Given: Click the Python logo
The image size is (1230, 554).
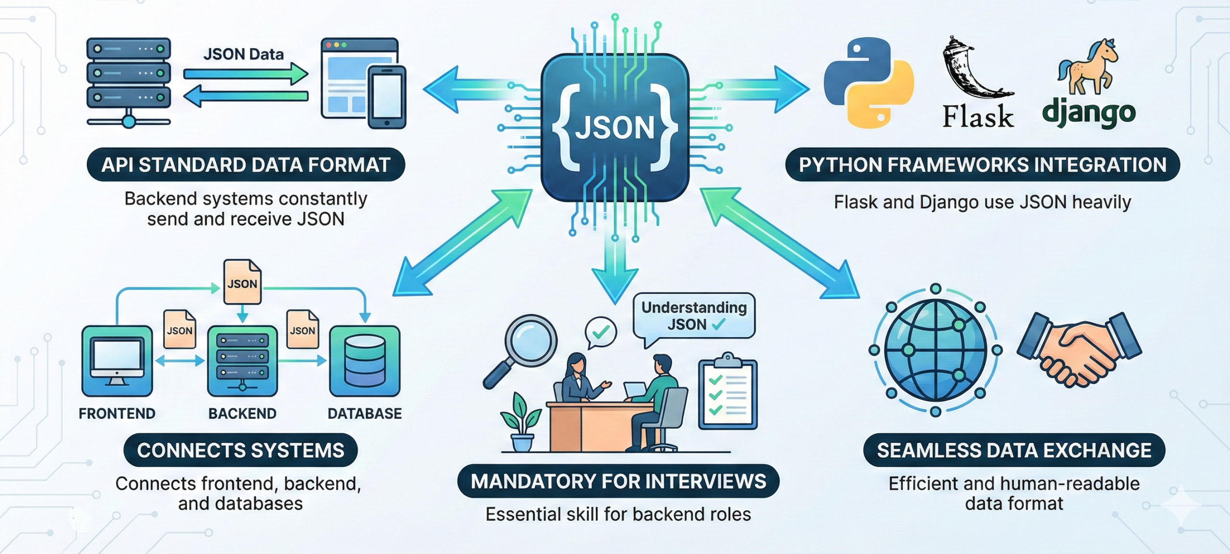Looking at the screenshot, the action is pyautogui.click(x=869, y=83).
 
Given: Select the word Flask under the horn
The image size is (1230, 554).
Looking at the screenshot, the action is pyautogui.click(x=978, y=116).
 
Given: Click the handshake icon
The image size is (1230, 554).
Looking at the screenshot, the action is pyautogui.click(x=1079, y=350).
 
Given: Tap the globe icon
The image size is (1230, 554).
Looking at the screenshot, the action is pyautogui.click(x=935, y=350).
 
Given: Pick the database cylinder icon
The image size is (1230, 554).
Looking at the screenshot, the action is pyautogui.click(x=365, y=361).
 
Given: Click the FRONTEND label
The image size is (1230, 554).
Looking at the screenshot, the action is pyautogui.click(x=117, y=414).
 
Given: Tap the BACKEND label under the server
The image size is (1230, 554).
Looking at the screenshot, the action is pyautogui.click(x=242, y=414).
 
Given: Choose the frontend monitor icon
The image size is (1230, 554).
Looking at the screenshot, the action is pyautogui.click(x=117, y=361).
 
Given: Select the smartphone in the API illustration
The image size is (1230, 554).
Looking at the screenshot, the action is pyautogui.click(x=387, y=98).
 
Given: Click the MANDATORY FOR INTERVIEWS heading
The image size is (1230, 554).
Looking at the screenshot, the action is pyautogui.click(x=618, y=481).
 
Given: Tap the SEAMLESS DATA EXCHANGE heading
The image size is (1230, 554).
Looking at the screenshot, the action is pyautogui.click(x=1014, y=451).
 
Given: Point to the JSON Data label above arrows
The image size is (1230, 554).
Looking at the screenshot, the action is pyautogui.click(x=243, y=54).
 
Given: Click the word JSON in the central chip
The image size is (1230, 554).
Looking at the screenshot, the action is pyautogui.click(x=615, y=128).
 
